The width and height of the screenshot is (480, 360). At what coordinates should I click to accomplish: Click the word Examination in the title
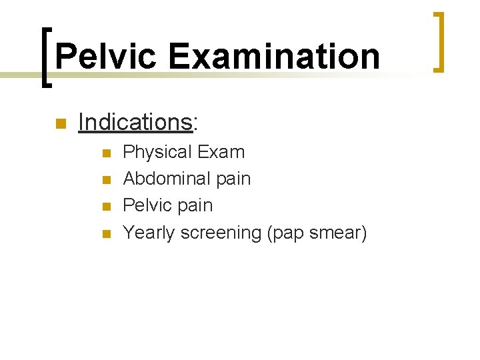point(274,57)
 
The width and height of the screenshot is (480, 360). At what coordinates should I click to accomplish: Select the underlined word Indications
point(135,122)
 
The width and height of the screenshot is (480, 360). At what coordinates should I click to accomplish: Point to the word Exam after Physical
point(221,152)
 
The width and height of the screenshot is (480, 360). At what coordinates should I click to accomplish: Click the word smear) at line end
point(339,233)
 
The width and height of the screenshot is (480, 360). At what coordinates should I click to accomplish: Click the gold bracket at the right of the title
point(438,41)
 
